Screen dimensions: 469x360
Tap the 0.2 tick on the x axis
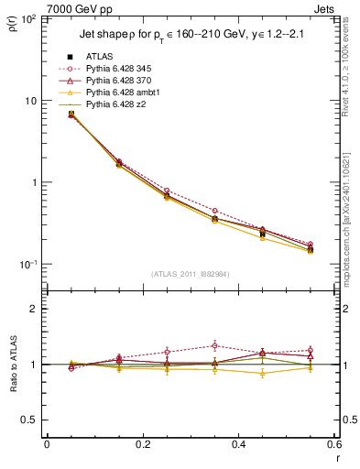(x=142, y=445)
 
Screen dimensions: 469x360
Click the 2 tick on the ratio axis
(x=32, y=310)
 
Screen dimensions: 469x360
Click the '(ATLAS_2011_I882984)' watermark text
(x=191, y=274)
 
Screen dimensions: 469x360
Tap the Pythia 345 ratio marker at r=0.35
(x=214, y=345)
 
